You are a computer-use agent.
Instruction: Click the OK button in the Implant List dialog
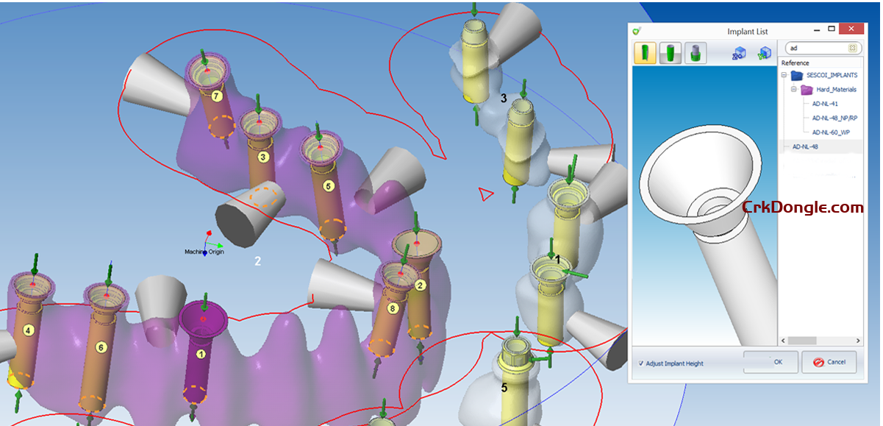(x=771, y=362)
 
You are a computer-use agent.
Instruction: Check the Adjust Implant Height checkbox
(x=641, y=363)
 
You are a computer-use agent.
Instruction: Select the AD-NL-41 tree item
(x=825, y=104)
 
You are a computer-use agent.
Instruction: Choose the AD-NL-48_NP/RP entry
(x=834, y=118)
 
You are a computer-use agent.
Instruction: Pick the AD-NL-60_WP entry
(x=831, y=132)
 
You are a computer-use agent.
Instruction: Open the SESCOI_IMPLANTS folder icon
(x=797, y=75)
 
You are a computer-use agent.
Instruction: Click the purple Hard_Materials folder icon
(x=807, y=90)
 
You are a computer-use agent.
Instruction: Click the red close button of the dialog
(x=851, y=29)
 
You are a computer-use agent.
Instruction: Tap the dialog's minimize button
(x=817, y=29)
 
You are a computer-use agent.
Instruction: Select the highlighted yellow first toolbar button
(x=645, y=53)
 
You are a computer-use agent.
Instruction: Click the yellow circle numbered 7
(x=216, y=96)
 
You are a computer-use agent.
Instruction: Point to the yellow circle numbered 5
(x=329, y=186)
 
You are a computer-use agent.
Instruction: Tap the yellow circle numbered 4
(x=28, y=330)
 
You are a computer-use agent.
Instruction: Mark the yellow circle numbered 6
(x=101, y=347)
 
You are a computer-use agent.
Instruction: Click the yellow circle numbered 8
(x=393, y=308)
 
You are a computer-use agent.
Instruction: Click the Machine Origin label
(x=204, y=252)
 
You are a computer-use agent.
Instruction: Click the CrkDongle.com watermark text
(x=803, y=207)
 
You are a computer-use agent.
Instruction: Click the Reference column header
(x=795, y=63)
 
